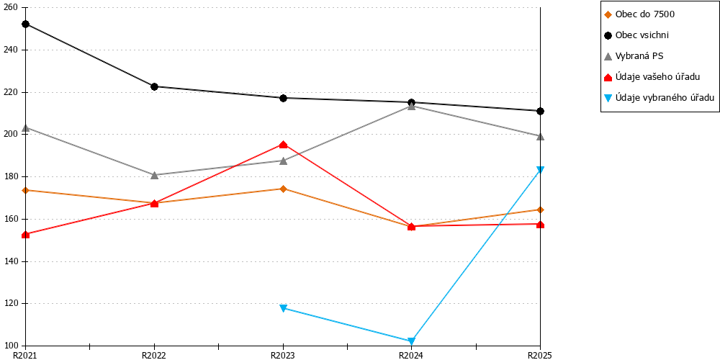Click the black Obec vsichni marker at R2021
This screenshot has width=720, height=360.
tap(26, 24)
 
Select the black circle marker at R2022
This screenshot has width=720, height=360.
tap(154, 86)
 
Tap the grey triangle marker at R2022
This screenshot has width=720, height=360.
tap(154, 175)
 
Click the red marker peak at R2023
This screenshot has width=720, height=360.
tap(283, 145)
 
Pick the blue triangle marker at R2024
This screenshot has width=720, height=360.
tap(411, 341)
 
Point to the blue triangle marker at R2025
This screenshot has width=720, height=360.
tap(541, 170)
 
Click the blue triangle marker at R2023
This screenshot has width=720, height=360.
tap(283, 307)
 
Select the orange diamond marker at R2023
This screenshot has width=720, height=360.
tap(283, 189)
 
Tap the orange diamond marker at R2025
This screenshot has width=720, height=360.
tap(541, 210)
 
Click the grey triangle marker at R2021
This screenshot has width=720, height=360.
tap(26, 127)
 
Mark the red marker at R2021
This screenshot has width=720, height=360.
tap(26, 235)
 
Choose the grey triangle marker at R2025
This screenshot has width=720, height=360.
tap(541, 136)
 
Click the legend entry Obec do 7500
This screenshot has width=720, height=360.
tap(639, 14)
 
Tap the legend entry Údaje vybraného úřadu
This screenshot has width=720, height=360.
tap(660, 97)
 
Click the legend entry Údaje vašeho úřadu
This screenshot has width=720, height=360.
tap(652, 77)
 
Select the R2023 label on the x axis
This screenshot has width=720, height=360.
tap(283, 355)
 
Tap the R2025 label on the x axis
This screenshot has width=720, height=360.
tap(540, 355)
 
